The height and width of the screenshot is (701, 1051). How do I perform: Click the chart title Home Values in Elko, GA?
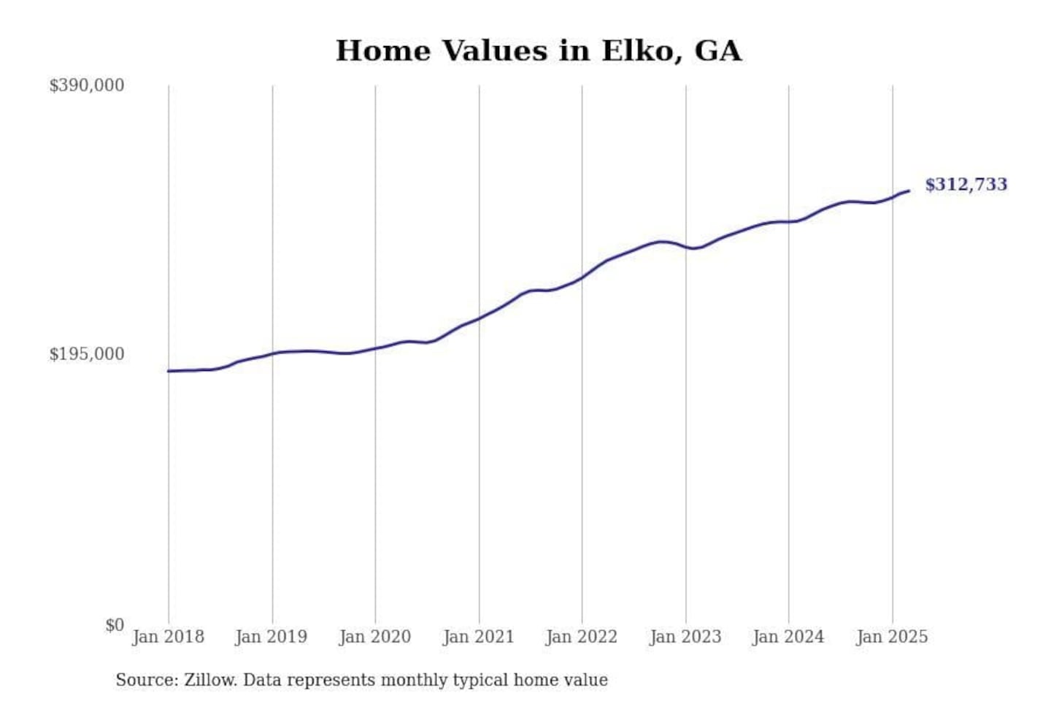(x=539, y=51)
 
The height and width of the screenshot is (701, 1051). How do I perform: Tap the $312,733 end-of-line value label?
(x=966, y=185)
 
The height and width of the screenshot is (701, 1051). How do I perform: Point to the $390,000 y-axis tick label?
(x=86, y=85)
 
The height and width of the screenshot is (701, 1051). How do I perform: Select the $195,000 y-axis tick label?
(x=86, y=354)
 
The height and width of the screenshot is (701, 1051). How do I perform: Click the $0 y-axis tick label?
(x=114, y=625)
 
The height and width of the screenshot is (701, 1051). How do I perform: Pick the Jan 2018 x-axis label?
(x=168, y=637)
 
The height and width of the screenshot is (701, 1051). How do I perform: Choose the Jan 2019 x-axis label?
(x=272, y=637)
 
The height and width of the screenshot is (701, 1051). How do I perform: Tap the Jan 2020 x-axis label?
(x=375, y=637)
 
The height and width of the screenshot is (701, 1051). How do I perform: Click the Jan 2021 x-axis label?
(x=479, y=637)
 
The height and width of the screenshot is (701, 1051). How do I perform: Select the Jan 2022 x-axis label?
(x=582, y=637)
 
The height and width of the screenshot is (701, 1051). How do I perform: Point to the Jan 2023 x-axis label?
(x=685, y=637)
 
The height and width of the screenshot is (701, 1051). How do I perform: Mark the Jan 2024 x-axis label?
(x=788, y=637)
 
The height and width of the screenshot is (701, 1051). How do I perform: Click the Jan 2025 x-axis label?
(x=892, y=637)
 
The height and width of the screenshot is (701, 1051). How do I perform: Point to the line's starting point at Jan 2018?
(x=169, y=371)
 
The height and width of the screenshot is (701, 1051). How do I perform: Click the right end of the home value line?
(x=909, y=191)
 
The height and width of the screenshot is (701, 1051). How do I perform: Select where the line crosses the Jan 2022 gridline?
(x=582, y=277)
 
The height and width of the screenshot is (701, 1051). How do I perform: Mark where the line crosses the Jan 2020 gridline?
(x=376, y=348)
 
